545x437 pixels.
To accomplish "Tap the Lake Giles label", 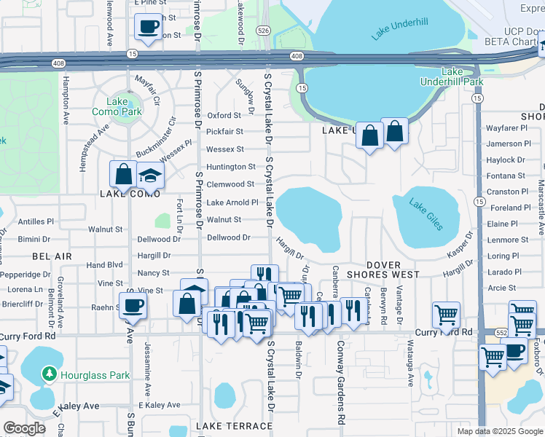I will coord(426,214).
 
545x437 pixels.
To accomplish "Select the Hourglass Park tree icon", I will coord(50,374).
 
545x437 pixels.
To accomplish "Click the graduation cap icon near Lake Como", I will coord(151,176).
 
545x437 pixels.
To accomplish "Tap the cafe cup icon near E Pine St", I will coord(149,27).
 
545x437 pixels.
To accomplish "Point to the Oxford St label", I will coord(224,115).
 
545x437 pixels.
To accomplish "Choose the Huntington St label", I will coord(231,167).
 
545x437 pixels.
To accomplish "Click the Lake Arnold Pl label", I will coord(232,202).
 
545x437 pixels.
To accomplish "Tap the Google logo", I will coord(24,428).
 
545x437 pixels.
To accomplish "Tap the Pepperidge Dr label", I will coord(25,275).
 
